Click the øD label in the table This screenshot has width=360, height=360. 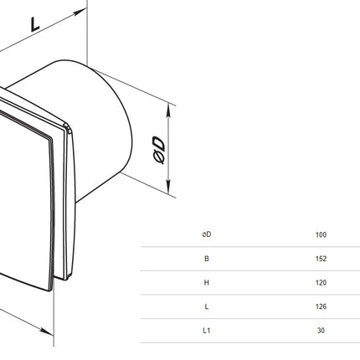coord(207,234)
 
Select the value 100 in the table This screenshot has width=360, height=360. coord(321,234)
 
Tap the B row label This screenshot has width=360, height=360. coord(207,259)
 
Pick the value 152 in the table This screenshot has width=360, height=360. coord(321,259)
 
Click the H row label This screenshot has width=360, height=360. coord(207,282)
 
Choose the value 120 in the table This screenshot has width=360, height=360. coord(321,282)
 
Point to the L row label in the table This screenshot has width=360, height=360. coord(207,306)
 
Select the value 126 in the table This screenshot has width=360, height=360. coord(321,306)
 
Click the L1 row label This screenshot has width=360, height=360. coord(207,331)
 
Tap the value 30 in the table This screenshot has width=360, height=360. coord(321,331)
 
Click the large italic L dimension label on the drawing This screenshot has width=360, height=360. coord(34,24)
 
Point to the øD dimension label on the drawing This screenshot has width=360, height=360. coord(159,150)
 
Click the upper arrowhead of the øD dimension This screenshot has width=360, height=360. coord(168,111)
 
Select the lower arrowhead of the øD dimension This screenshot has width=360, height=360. coord(168,187)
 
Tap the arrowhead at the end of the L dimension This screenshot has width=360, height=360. coord(80,12)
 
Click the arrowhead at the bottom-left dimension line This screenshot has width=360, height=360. coord(46,331)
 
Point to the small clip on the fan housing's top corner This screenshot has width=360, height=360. coord(67,127)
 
